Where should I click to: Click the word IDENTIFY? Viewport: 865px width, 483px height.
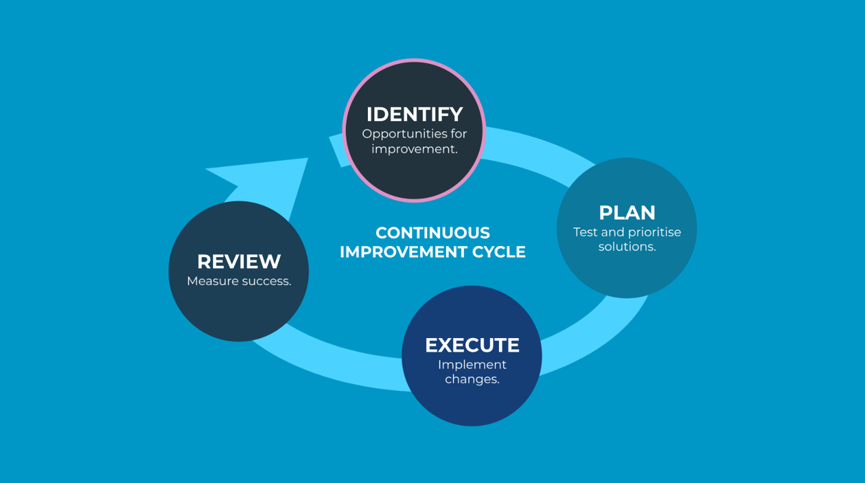(x=414, y=114)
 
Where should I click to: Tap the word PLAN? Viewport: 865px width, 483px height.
(x=627, y=212)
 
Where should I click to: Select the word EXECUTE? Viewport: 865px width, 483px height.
(x=472, y=345)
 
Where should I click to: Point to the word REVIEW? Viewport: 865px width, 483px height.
(x=239, y=262)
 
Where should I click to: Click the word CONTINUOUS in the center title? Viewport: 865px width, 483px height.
(x=432, y=233)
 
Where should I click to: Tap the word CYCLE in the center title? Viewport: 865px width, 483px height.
(x=498, y=252)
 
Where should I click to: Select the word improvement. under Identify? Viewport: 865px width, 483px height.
(x=414, y=149)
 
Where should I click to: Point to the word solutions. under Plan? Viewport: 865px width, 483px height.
(x=627, y=247)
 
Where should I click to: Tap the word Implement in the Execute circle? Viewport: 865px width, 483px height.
(x=472, y=365)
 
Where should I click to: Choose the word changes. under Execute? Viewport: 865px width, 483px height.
(x=472, y=379)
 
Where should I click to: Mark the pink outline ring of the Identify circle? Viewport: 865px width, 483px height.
(x=414, y=60)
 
